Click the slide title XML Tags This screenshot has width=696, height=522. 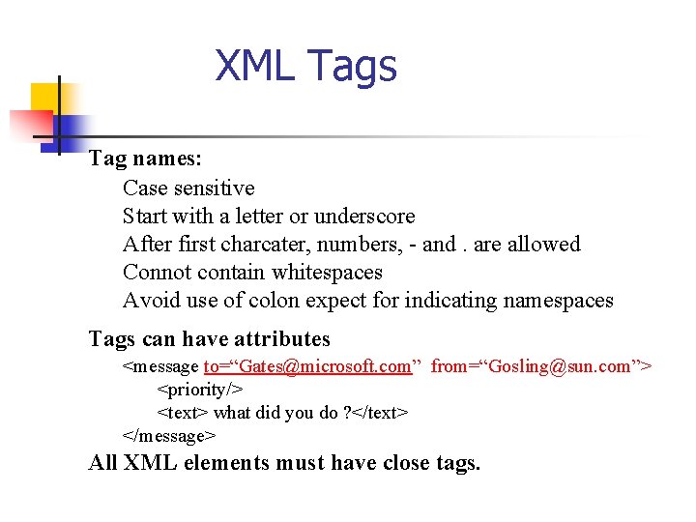[x=305, y=67]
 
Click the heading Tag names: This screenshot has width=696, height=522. [x=145, y=159]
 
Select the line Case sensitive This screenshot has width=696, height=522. [x=188, y=188]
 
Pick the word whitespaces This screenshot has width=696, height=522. [x=327, y=272]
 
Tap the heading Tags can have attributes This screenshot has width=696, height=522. [x=209, y=338]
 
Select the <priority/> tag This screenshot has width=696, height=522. [x=199, y=389]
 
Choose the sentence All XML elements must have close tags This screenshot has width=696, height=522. [x=284, y=462]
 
